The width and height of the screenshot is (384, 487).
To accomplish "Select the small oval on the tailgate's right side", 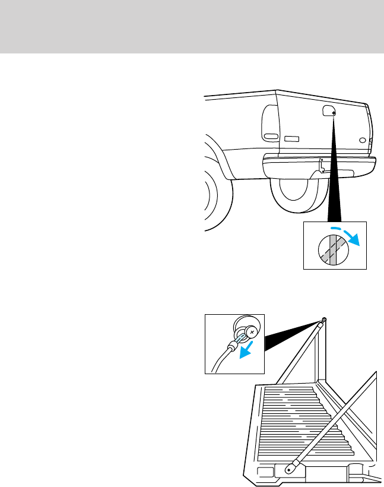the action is click(x=362, y=141).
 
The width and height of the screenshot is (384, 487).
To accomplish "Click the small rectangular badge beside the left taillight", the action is click(x=291, y=139).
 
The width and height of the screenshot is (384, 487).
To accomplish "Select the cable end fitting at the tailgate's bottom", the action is click(x=291, y=467).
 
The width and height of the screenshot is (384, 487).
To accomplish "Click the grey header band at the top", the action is click(x=192, y=26).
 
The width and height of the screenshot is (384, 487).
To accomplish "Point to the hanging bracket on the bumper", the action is click(x=321, y=166).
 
